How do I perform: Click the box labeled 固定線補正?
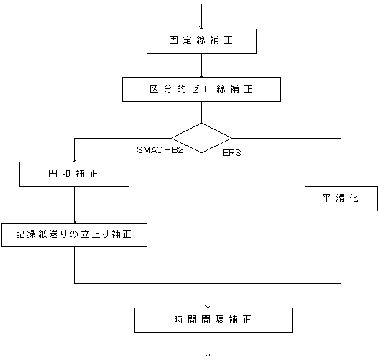pos(201,41)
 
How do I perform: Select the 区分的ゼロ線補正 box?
pos(201,89)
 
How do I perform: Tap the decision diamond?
pos(201,138)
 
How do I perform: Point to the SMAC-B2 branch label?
pos(160,150)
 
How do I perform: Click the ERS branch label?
pos(232,153)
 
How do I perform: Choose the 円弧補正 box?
pos(74,174)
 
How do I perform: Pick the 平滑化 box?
pos(341,199)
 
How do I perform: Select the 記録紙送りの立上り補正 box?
pos(74,236)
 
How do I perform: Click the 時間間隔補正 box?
pos(213,320)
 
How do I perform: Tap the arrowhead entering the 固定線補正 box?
pos(201,27)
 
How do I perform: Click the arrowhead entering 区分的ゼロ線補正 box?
pos(201,75)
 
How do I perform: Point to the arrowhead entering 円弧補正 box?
pos(74,160)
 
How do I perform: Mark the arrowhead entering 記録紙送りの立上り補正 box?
pos(74,222)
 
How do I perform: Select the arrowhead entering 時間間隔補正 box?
pos(208,306)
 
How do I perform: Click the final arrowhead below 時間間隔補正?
pos(208,355)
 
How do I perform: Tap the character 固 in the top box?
pos(173,40)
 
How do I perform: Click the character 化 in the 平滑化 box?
pos(354,198)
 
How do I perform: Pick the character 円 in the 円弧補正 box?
pos(52,173)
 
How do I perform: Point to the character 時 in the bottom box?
pos(178,320)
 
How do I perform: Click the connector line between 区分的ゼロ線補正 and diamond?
pos(201,112)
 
